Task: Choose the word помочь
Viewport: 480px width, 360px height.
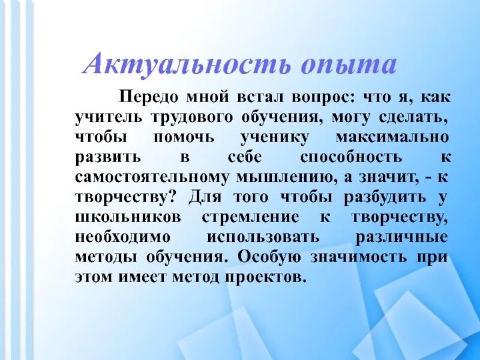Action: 184,137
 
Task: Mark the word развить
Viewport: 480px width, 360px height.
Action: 109,158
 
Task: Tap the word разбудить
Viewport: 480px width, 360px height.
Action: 385,198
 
